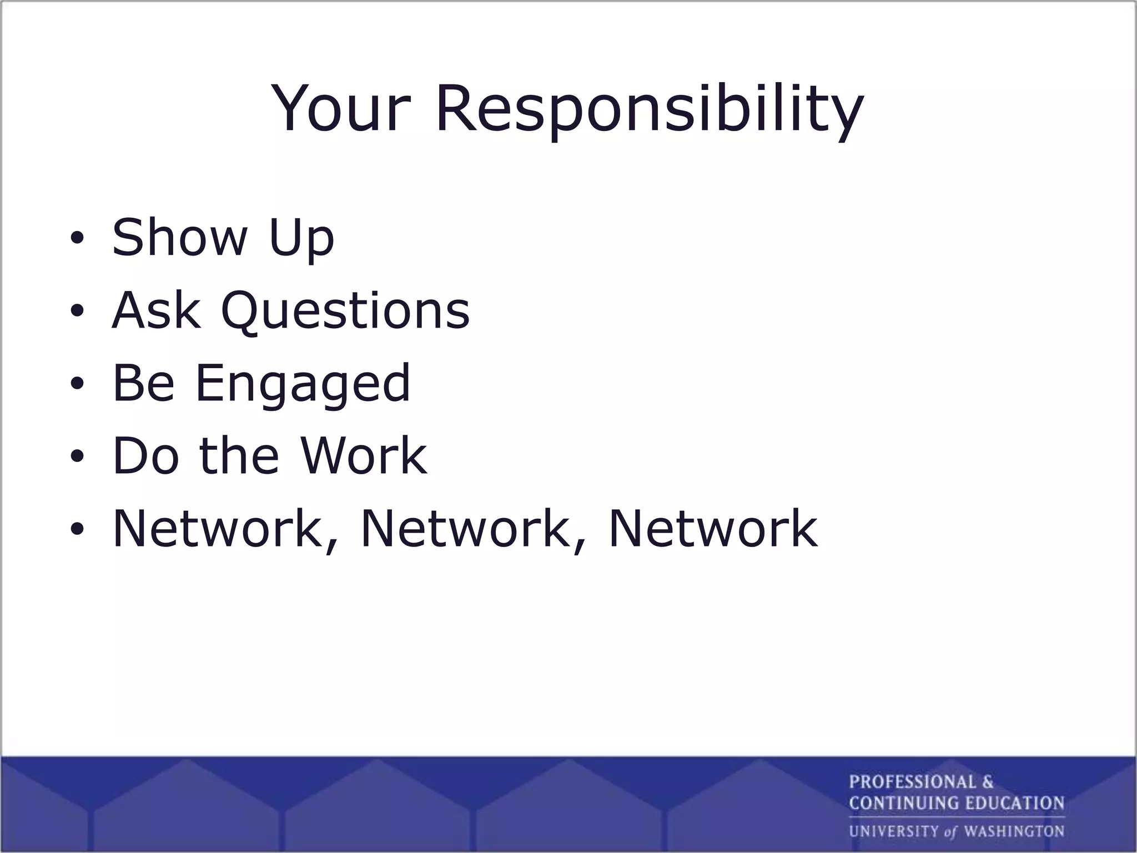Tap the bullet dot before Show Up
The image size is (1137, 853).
[x=77, y=239]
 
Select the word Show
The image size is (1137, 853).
[x=179, y=238]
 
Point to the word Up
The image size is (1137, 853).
[x=301, y=239]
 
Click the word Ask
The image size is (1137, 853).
[x=155, y=310]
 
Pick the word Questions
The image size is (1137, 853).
[x=345, y=311]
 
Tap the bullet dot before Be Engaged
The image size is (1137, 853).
[x=77, y=384]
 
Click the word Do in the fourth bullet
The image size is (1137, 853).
[x=145, y=455]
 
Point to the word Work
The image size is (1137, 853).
[x=364, y=455]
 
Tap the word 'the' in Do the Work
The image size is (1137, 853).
[x=239, y=455]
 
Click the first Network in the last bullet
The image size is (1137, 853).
[x=218, y=528]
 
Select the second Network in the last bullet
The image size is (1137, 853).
[x=466, y=528]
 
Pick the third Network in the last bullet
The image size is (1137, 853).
[x=713, y=528]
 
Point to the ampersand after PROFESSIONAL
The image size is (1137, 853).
[x=988, y=782]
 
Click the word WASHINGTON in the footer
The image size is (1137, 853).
[x=1014, y=831]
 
